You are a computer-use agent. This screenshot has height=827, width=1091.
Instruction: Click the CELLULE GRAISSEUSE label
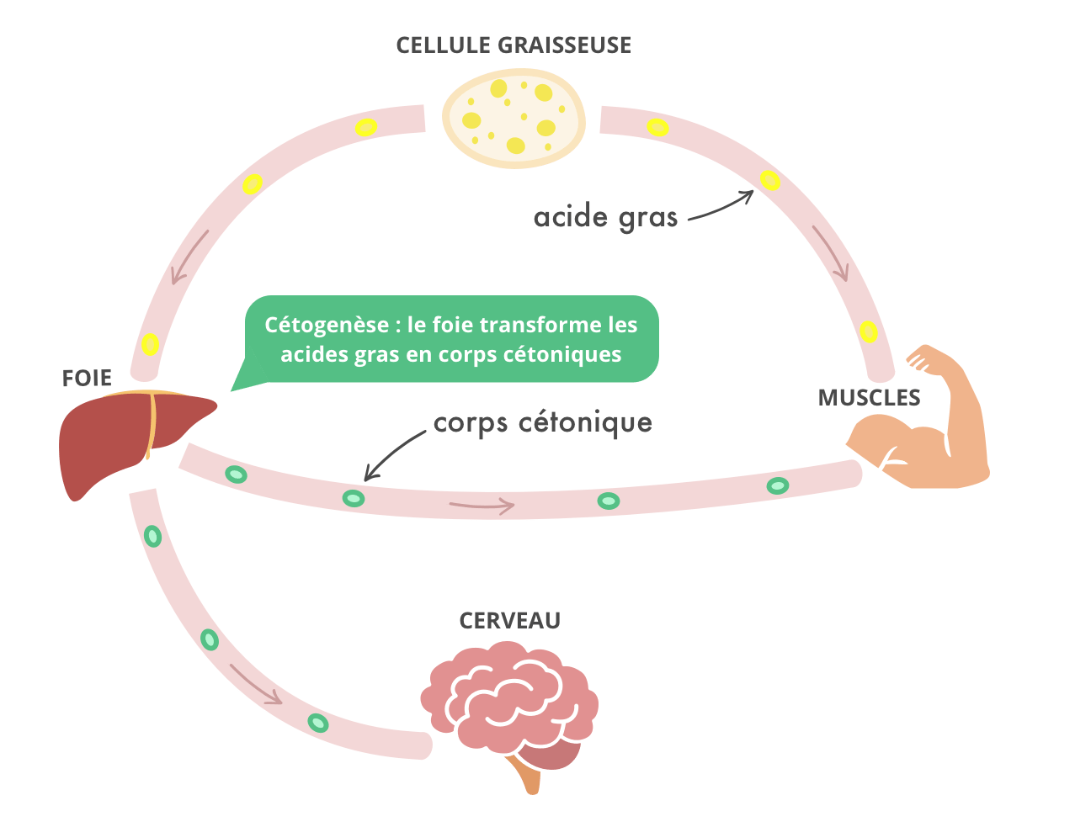point(514,45)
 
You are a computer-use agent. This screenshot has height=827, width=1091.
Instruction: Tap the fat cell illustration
point(514,117)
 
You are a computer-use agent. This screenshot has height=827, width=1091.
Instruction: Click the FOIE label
point(87,379)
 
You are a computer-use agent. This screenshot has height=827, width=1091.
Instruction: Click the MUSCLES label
point(869,397)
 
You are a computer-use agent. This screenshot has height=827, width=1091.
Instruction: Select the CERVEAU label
point(510,621)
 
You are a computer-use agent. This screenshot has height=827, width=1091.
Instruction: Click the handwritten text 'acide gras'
point(605,218)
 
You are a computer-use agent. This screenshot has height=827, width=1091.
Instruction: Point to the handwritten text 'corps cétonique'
point(543,422)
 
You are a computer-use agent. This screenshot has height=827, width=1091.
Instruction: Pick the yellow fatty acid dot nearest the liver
point(150,343)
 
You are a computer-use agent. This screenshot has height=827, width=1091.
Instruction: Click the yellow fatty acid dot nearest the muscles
point(869,331)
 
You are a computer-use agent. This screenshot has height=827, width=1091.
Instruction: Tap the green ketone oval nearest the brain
point(317,723)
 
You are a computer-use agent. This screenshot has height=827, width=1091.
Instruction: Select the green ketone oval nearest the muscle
point(778,485)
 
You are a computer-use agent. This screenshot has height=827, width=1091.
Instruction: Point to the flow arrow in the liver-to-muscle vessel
point(482,505)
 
